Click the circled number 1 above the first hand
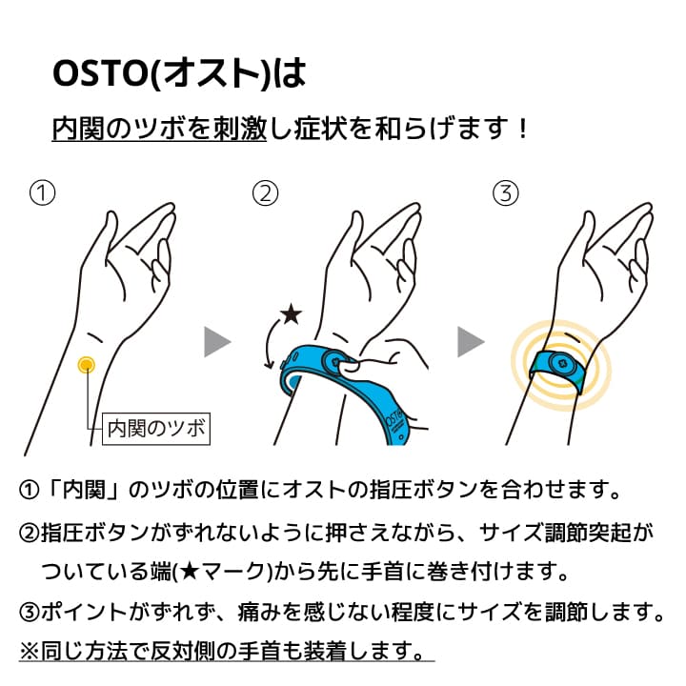pyautogui.click(x=42, y=193)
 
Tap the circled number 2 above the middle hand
pyautogui.click(x=265, y=193)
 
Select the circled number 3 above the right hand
pyautogui.click(x=506, y=193)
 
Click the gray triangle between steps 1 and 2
pyautogui.click(x=217, y=341)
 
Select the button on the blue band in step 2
pyautogui.click(x=336, y=363)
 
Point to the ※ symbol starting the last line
pyautogui.click(x=29, y=651)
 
